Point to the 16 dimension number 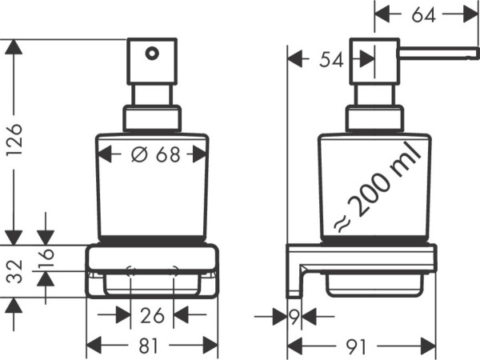click(46, 257)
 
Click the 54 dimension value click(332, 59)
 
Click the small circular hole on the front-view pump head click(149, 54)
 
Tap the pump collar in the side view click(373, 119)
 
